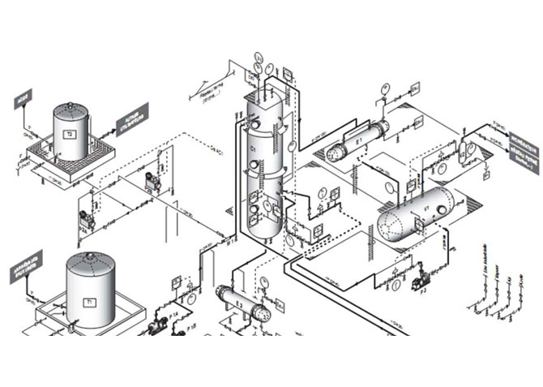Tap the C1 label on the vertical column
[254, 151]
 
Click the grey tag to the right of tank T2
[130, 119]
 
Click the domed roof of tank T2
[71, 108]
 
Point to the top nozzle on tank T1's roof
[90, 255]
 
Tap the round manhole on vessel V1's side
[440, 209]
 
